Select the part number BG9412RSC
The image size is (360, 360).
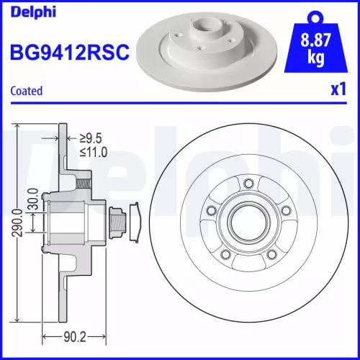pos(70,52)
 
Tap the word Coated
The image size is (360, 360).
pos(27,91)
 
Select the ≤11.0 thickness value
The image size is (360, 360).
pos(92,152)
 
